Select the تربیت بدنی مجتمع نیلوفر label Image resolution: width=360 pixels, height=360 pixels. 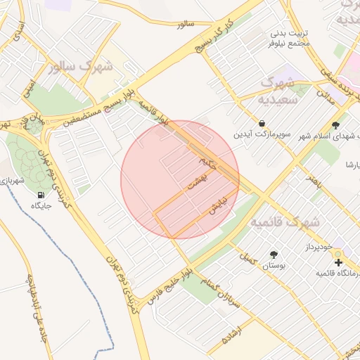pos(289,38)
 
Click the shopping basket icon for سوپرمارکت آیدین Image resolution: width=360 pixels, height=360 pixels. pos(262,122)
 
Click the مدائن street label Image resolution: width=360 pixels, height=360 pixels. pos(325,90)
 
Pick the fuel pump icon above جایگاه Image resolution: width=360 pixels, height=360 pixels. pos(38,195)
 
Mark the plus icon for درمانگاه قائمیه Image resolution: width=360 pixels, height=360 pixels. pos(339,262)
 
